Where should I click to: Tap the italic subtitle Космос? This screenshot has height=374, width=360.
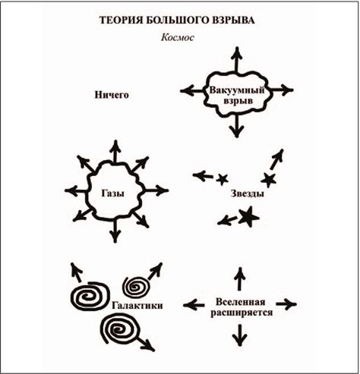[178, 37]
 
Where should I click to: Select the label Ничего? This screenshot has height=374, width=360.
[112, 95]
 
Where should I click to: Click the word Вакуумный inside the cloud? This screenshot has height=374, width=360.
[237, 90]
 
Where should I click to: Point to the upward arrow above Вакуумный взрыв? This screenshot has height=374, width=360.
[237, 60]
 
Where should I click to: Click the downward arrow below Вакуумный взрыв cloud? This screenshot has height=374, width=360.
[237, 126]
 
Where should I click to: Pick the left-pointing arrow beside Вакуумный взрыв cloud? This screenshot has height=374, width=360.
[193, 91]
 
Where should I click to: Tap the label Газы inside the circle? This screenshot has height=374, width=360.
[112, 193]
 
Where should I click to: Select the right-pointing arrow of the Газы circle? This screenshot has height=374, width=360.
[156, 190]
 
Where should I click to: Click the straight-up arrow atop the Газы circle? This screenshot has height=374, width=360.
[115, 152]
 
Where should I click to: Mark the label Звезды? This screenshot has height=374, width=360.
[248, 193]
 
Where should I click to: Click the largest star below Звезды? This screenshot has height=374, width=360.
[248, 217]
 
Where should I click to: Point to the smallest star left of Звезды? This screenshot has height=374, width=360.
[222, 179]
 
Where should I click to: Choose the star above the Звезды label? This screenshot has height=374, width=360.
[268, 180]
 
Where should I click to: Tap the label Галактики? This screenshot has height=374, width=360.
[137, 306]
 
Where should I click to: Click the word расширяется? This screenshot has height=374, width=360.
[242, 313]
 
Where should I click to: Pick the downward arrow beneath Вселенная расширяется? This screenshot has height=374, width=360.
[239, 335]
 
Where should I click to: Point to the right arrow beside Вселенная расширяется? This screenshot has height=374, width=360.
[286, 304]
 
